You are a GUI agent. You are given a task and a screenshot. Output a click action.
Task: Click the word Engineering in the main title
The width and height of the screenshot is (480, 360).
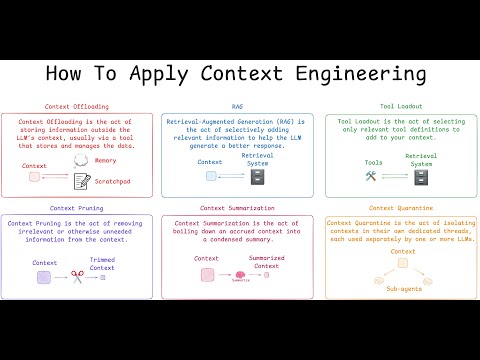point(341,74)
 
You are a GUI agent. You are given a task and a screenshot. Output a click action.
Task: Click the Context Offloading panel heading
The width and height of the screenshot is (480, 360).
point(77,106)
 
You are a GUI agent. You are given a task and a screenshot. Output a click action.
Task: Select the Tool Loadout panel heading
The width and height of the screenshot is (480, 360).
point(400,106)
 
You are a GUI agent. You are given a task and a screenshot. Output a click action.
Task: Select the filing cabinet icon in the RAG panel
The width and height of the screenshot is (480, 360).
point(258,177)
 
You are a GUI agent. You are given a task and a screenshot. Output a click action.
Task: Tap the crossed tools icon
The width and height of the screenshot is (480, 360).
point(372,177)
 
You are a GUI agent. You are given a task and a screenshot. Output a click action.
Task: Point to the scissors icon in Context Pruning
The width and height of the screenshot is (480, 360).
point(76,277)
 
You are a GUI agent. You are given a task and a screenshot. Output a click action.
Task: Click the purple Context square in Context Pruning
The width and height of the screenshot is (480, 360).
point(44,277)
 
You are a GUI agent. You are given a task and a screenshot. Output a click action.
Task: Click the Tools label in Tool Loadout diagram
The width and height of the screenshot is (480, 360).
point(372,162)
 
